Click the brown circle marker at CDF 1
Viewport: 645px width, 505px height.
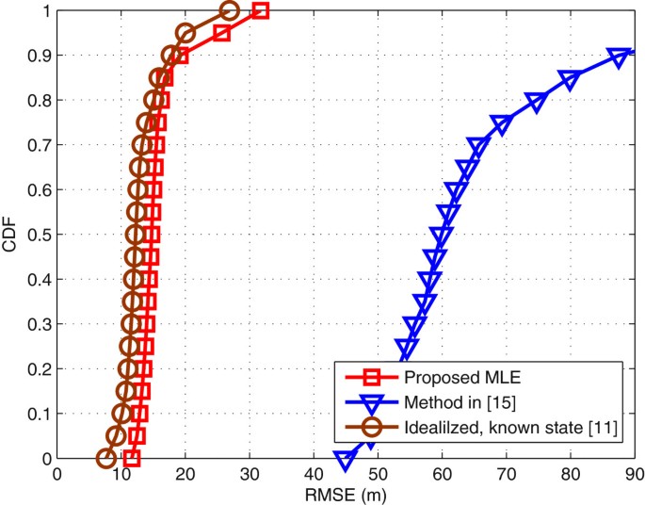coord(230,11)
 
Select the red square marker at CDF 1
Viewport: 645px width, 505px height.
coord(261,11)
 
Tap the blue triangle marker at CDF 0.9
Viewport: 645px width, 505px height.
coord(619,57)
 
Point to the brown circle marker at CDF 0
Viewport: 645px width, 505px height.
coord(106,459)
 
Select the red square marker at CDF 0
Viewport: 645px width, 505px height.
coord(132,459)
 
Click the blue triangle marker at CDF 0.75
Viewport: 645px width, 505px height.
coord(501,124)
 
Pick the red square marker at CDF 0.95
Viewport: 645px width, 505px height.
coord(222,34)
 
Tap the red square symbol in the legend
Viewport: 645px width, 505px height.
coord(370,378)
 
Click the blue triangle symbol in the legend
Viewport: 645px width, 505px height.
coord(370,404)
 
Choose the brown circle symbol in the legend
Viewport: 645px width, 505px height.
coord(370,430)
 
